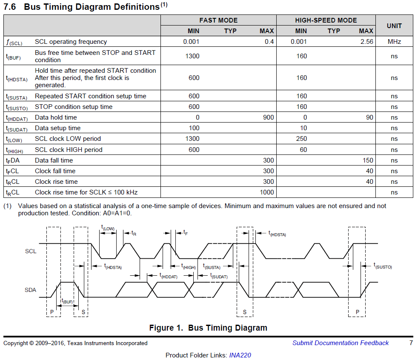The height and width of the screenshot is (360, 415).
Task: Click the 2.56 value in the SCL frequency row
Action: [366, 42]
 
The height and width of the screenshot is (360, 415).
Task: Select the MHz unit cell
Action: [394, 42]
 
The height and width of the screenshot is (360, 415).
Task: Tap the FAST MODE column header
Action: [218, 20]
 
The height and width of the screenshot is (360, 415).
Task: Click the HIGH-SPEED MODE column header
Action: [326, 20]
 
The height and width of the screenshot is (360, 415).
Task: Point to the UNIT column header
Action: [394, 26]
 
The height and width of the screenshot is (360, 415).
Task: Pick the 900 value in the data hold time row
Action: [268, 117]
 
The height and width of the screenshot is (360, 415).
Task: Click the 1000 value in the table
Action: [267, 192]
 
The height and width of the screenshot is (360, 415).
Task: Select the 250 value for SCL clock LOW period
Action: [301, 139]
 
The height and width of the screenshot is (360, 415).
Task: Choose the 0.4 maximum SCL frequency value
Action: [269, 42]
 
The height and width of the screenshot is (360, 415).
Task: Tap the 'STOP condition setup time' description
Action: [74, 107]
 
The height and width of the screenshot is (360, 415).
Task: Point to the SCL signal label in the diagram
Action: [31, 251]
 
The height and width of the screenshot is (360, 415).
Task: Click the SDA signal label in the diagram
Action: [31, 290]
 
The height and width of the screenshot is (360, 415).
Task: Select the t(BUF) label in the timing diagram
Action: [67, 301]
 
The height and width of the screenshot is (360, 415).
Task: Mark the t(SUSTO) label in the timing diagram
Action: [383, 266]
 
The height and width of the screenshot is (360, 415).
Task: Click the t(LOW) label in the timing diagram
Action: [108, 229]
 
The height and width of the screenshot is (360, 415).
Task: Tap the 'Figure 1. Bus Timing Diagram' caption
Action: [208, 328]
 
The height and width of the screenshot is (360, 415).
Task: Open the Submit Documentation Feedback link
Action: [340, 343]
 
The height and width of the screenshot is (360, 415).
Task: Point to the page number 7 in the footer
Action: [411, 343]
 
